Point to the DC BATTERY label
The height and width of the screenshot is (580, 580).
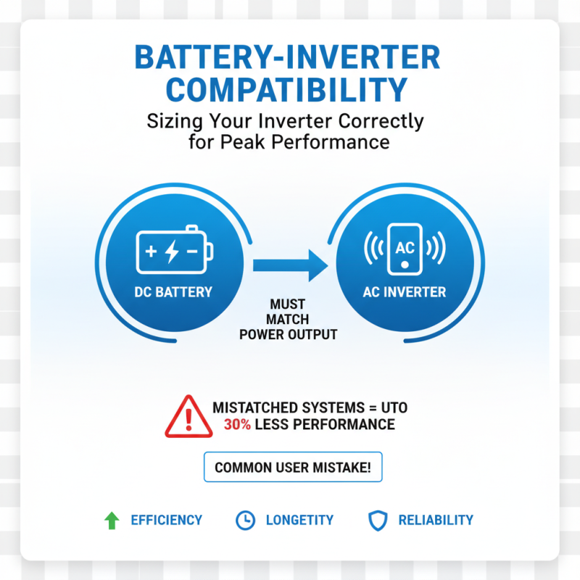coord(173,292)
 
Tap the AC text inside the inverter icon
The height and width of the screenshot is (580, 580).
coord(404,246)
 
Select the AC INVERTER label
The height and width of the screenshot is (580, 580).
coord(404,292)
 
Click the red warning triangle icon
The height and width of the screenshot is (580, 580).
coord(188,417)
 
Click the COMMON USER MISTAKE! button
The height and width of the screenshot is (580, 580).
coord(293,468)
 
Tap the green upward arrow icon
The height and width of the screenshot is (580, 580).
coord(111,520)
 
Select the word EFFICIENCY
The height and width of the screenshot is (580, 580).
coord(166,520)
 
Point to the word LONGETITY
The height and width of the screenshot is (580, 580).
coord(299,520)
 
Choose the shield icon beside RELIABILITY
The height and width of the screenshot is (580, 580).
coord(378,520)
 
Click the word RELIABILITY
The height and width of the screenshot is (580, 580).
coord(436,520)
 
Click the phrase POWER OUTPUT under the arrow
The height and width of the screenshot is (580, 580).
coord(289,335)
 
